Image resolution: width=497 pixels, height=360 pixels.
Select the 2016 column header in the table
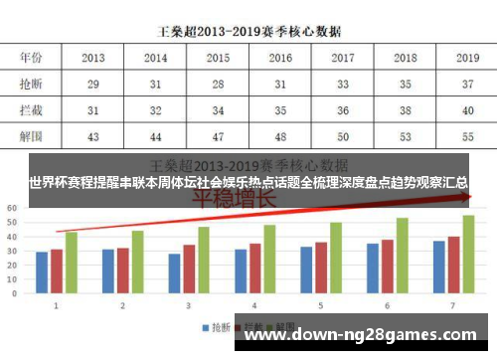(x=280, y=59)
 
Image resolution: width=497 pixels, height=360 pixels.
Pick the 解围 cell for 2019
(x=467, y=135)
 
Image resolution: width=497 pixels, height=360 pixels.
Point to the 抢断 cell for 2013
(x=93, y=85)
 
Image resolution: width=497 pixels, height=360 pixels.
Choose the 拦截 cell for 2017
(x=342, y=110)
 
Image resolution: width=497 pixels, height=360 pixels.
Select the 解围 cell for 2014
(x=155, y=135)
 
